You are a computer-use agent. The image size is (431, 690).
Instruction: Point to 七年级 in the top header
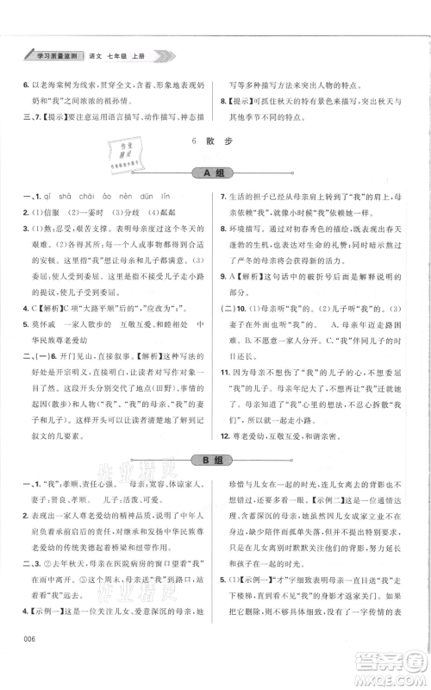click(x=121, y=55)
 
